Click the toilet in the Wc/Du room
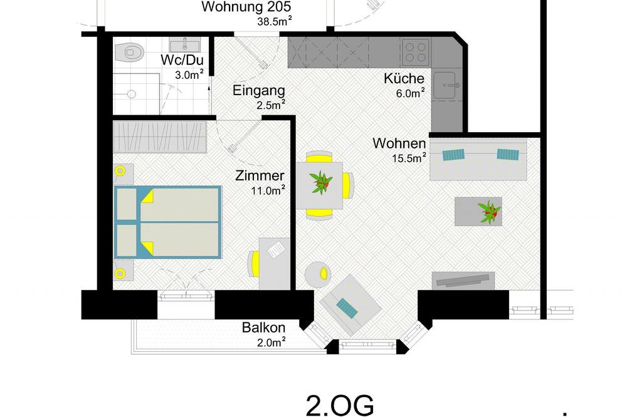[129, 52]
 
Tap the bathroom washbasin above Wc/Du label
[185, 44]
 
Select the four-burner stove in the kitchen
[416, 52]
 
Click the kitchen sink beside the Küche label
[446, 85]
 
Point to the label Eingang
[259, 90]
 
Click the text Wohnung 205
[246, 7]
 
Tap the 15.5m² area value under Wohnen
[409, 158]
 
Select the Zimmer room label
[260, 175]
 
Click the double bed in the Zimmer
[167, 222]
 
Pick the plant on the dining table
[320, 183]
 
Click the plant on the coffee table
[489, 212]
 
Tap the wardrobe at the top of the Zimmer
[160, 136]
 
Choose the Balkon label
[263, 327]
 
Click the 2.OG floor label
[340, 406]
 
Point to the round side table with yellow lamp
[317, 274]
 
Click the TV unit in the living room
[463, 281]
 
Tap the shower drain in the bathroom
[131, 95]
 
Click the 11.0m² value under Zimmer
[268, 190]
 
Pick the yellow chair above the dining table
[319, 157]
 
